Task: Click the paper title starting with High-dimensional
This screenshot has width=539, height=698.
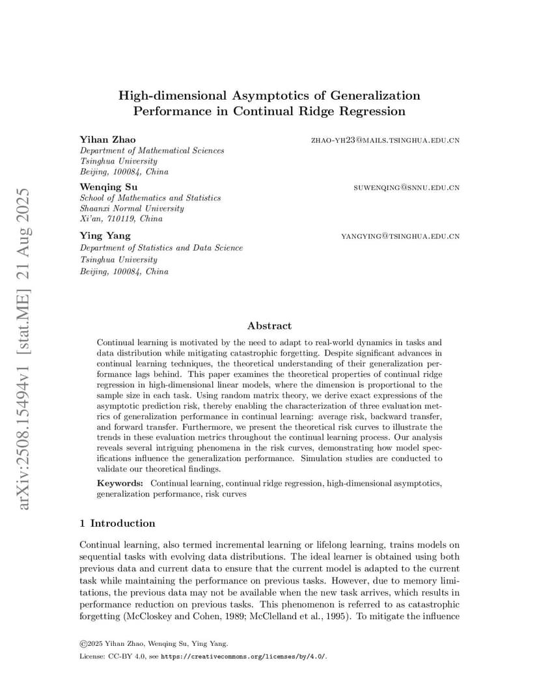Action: (269, 103)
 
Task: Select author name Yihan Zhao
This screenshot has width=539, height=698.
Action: (107, 139)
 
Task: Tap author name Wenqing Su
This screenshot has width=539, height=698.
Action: (108, 187)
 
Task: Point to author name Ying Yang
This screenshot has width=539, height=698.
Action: (105, 235)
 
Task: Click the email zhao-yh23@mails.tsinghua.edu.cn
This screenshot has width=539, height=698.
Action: (385, 140)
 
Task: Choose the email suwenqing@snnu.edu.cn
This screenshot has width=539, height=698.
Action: (406, 188)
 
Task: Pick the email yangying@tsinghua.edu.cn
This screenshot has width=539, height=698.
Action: (400, 236)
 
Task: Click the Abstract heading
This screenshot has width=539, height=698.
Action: (269, 326)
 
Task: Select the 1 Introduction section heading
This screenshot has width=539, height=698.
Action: (117, 523)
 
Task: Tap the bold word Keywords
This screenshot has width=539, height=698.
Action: (120, 483)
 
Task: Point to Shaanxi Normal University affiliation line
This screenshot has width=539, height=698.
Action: (131, 208)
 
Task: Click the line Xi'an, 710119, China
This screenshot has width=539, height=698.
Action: (121, 219)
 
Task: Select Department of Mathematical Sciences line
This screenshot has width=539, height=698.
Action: (152, 150)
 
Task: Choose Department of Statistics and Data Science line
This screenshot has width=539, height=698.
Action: (161, 247)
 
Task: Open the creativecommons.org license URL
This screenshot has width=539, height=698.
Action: (243, 656)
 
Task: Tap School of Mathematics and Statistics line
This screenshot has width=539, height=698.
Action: (150, 198)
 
